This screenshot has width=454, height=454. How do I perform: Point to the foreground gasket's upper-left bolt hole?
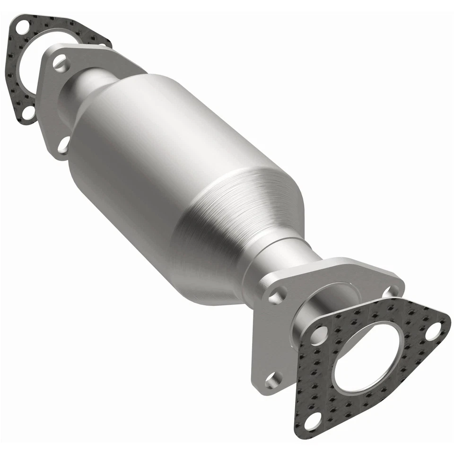(320, 335)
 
